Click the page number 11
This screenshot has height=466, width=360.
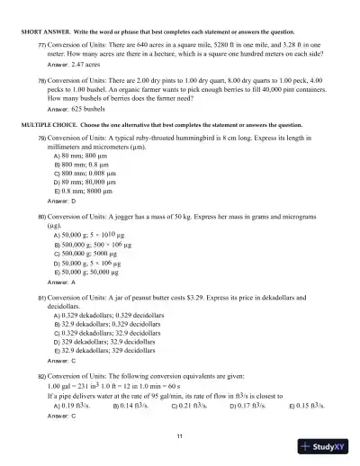[180, 435]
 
